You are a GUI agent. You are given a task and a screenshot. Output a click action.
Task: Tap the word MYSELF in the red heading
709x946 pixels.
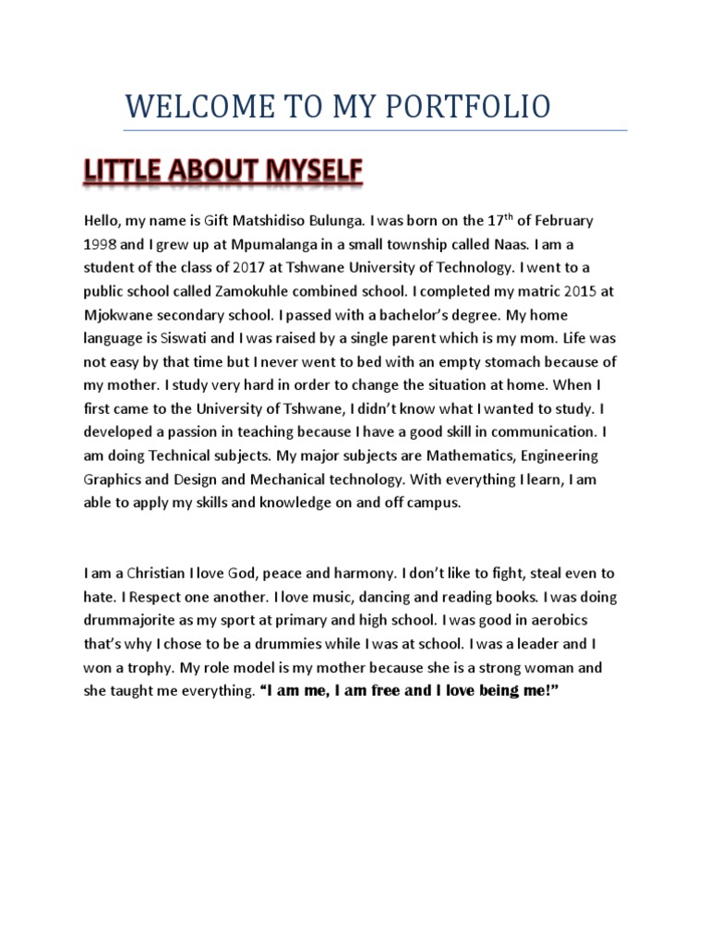(310, 173)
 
